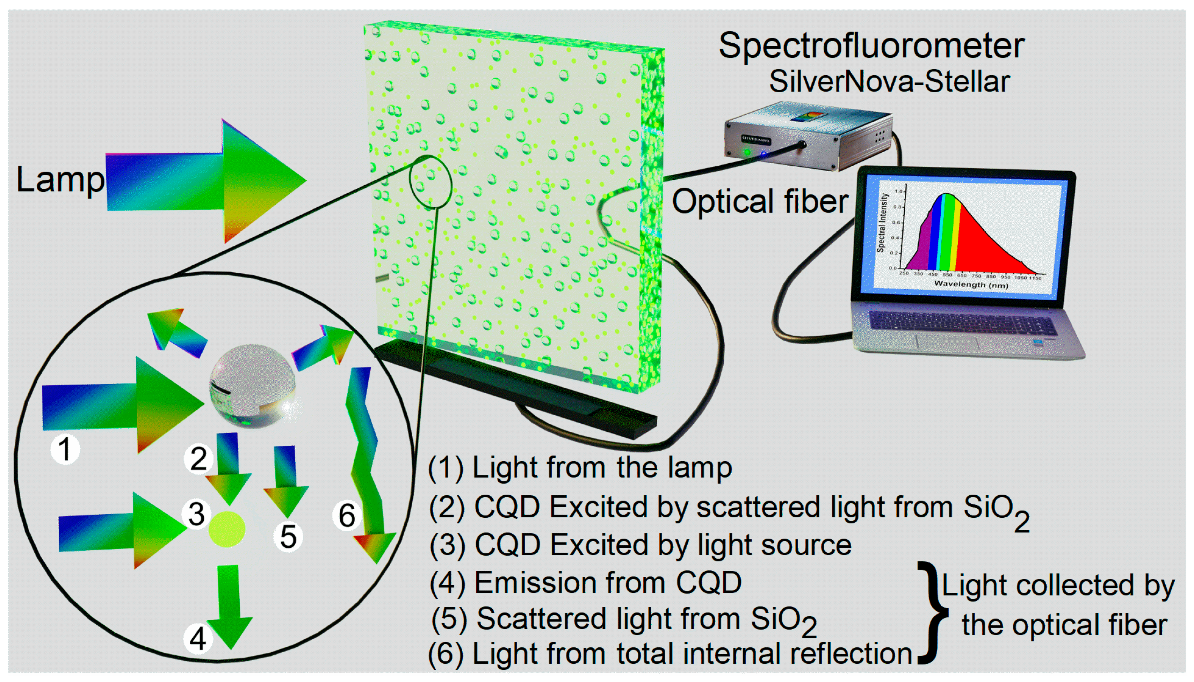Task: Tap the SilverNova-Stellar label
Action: (889, 81)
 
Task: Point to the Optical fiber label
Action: (759, 201)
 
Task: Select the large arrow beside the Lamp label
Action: (206, 180)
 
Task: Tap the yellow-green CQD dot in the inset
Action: (227, 529)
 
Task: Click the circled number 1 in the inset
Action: (65, 449)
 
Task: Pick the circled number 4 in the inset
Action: (197, 638)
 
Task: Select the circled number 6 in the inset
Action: (347, 515)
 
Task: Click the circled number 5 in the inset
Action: (288, 536)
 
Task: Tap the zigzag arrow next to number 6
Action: (368, 464)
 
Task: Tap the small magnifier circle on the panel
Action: (430, 181)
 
